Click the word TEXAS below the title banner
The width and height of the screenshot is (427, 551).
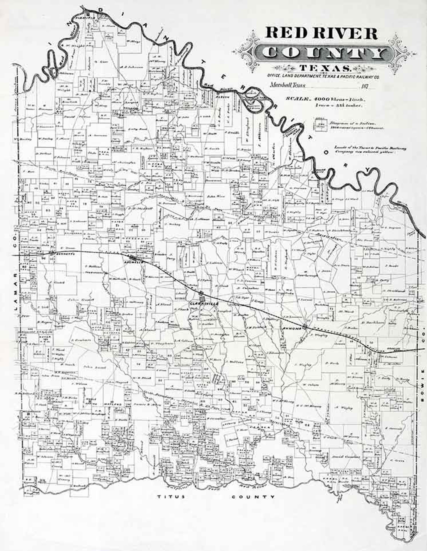point(325,69)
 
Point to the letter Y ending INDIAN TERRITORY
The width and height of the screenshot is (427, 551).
point(368,169)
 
